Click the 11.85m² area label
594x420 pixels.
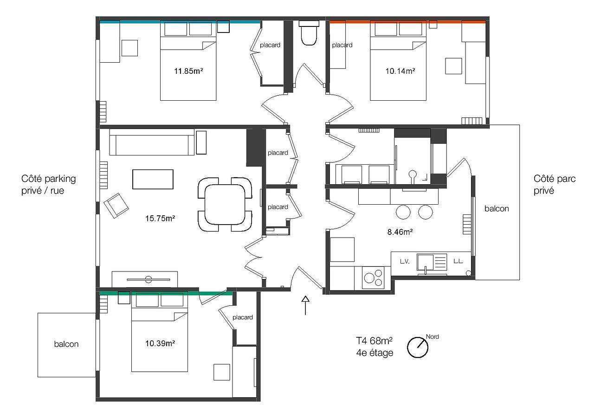coord(188,71)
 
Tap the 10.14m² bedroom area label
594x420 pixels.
coord(400,71)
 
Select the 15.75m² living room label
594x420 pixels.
coord(160,218)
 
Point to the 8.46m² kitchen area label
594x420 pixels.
coord(400,232)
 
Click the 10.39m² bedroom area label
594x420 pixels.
coord(160,343)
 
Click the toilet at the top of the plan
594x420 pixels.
coord(309,33)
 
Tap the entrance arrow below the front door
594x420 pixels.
coord(305,305)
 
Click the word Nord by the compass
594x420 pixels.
coord(432,337)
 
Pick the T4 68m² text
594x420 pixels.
coord(374,341)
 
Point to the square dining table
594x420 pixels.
coord(225,205)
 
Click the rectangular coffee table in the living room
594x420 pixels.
coord(153,179)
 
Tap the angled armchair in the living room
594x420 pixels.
coord(116,206)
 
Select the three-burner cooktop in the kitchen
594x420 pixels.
coord(373,278)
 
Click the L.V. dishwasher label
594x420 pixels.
coord(405,262)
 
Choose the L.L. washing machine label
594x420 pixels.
coord(458,261)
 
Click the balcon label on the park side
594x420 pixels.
coord(497,209)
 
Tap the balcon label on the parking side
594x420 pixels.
coord(66,344)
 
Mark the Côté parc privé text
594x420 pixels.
coord(555,185)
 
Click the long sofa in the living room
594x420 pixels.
coord(152,142)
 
